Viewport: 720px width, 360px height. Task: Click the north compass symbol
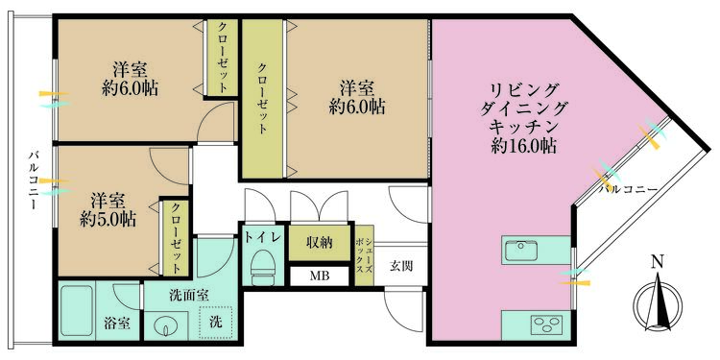click(657, 300)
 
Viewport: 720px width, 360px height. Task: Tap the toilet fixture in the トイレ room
click(261, 270)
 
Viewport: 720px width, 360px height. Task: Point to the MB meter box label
click(316, 277)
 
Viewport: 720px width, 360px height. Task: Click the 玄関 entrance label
click(401, 266)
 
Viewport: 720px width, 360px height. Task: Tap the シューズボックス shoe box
click(362, 256)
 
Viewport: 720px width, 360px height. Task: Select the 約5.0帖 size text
click(108, 218)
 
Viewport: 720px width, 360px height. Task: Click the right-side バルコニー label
click(628, 189)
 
